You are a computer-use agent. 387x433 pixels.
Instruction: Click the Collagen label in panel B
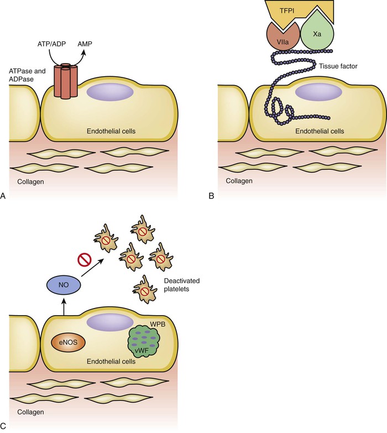(239, 181)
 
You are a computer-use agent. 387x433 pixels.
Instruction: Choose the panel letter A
(4, 196)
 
